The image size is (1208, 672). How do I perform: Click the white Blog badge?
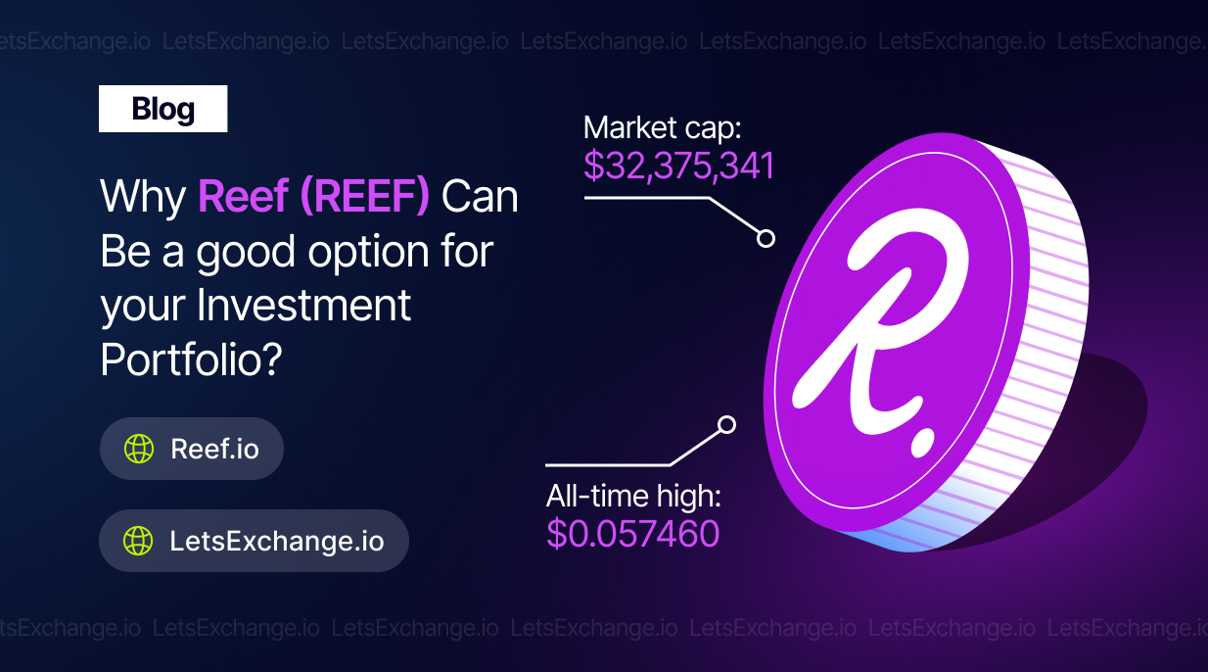[x=163, y=109]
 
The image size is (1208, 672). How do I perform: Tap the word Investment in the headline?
[x=303, y=305]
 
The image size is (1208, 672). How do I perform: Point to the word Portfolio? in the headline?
[x=192, y=360]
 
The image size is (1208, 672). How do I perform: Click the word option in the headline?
[x=369, y=253]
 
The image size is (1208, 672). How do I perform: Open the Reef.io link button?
[x=192, y=449]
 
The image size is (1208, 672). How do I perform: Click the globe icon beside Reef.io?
[x=139, y=449]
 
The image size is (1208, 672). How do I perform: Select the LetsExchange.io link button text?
[x=277, y=541]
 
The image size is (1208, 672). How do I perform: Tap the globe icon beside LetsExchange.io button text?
[x=138, y=541]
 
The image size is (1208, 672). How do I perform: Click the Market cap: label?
[x=662, y=128]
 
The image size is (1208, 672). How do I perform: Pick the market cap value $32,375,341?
[x=679, y=166]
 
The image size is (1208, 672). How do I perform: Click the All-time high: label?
[x=633, y=496]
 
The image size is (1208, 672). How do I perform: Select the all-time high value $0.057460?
[x=632, y=534]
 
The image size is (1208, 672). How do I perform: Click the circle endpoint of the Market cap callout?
[x=766, y=238]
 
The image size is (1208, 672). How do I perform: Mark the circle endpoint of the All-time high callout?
[x=727, y=425]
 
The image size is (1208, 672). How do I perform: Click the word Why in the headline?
[x=143, y=197]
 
